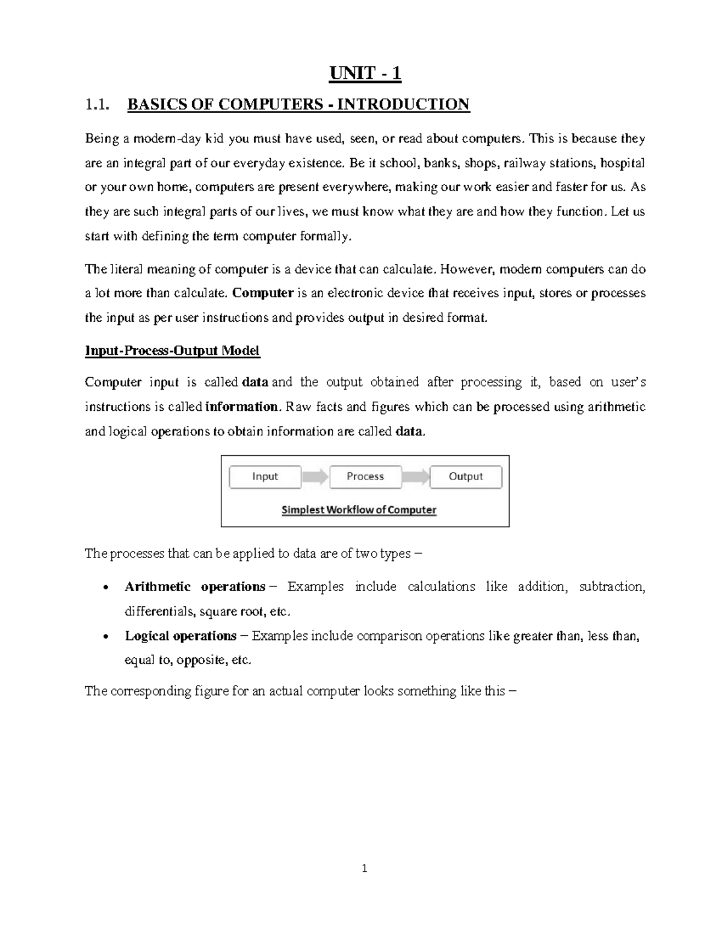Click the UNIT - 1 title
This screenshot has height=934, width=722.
(365, 74)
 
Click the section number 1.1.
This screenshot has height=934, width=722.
(97, 105)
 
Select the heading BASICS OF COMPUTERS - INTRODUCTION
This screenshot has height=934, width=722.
(298, 105)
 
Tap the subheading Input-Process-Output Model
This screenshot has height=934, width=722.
(172, 351)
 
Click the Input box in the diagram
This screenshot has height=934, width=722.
(265, 476)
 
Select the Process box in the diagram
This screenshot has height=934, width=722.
(365, 476)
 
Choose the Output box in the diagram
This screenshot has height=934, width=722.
(466, 476)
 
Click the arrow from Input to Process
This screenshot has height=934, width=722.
(315, 477)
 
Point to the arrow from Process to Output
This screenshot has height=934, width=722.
(415, 477)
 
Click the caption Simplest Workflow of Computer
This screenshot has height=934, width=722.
(359, 510)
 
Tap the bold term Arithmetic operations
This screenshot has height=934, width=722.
(195, 587)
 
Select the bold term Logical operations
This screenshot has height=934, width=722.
(180, 636)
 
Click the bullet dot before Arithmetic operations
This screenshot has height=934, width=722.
(106, 588)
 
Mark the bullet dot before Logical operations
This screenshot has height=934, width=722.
(106, 637)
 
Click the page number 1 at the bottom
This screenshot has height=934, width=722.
(364, 868)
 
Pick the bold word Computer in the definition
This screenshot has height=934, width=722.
(262, 293)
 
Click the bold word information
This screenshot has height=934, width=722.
(242, 407)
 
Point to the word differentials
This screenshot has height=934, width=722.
(159, 612)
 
